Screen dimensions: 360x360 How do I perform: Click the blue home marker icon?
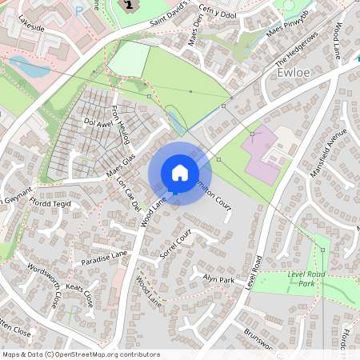coord(180,173)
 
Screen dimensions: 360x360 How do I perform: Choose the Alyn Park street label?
coord(218,280)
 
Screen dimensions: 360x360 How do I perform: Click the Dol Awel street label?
coord(99,123)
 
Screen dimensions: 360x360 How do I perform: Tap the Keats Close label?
coord(78,293)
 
